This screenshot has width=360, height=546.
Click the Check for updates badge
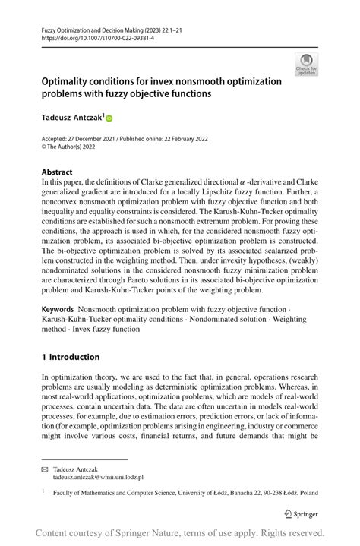[307, 65]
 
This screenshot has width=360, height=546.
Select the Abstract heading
[57, 172]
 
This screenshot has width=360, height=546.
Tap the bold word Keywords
[58, 310]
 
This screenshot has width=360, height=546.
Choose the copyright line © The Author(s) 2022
[76, 150]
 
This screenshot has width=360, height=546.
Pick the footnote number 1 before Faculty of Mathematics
[44, 491]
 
